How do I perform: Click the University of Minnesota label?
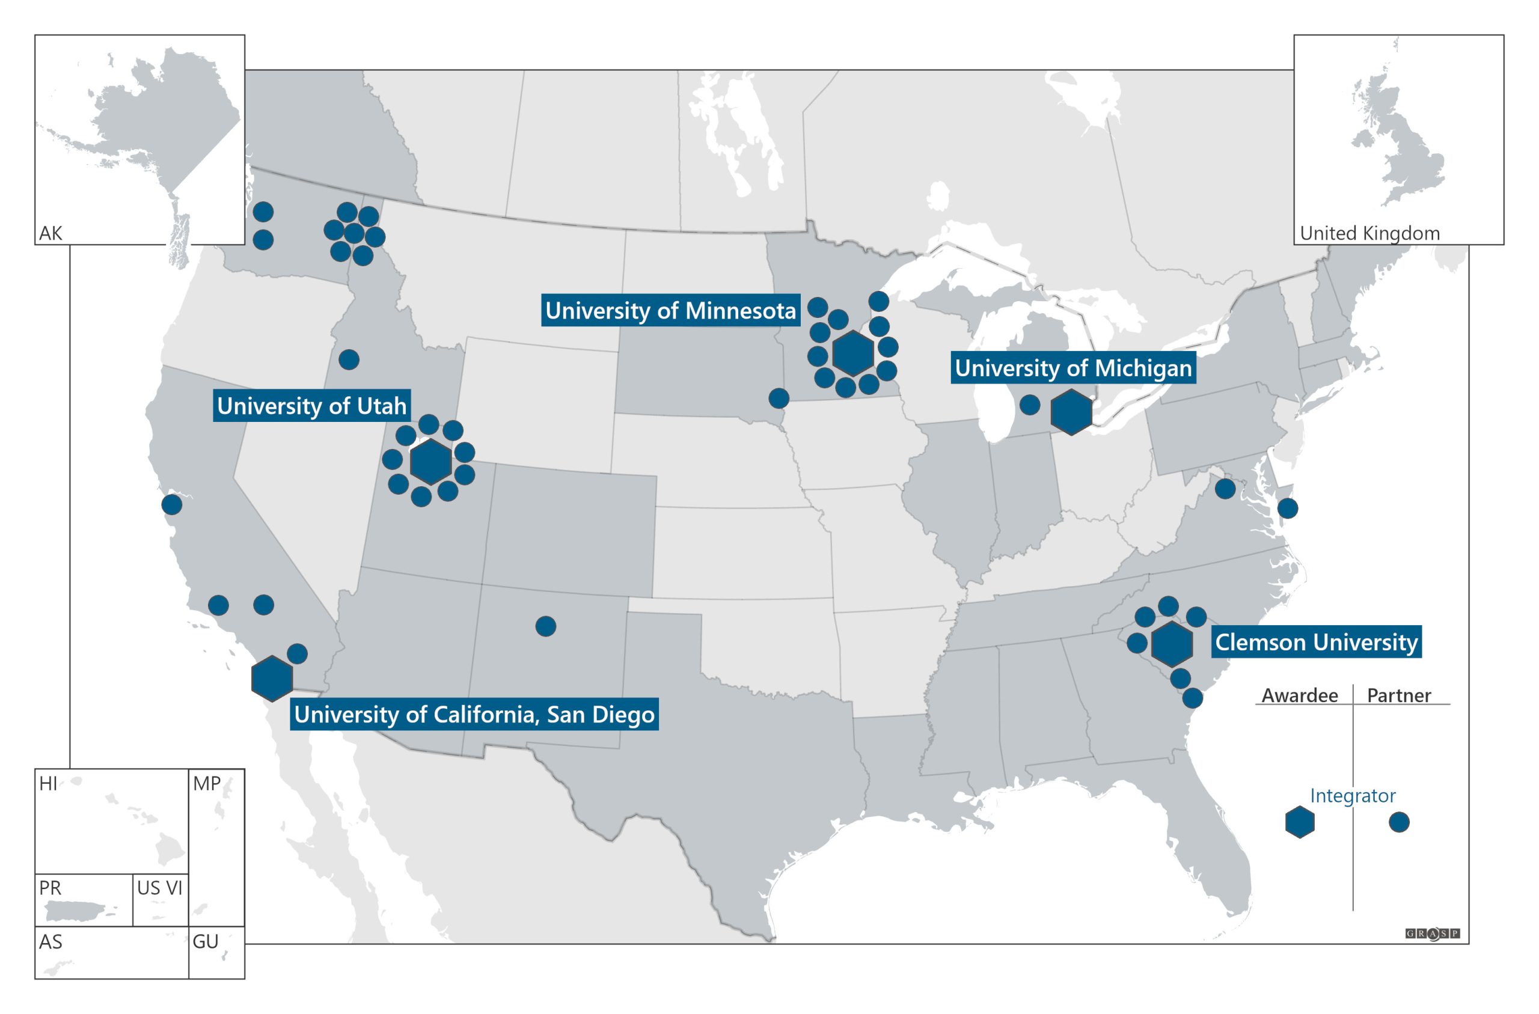[x=670, y=310]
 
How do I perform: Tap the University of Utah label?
[x=311, y=406]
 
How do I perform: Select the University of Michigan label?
[x=1072, y=368]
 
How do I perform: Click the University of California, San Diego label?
[x=474, y=715]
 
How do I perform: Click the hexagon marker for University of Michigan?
[x=1071, y=412]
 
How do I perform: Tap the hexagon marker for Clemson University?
[x=1172, y=644]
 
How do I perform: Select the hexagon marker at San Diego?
[x=272, y=679]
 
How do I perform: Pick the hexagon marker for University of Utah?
[x=430, y=462]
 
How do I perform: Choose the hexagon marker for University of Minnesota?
[x=853, y=353]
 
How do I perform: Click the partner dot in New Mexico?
[x=546, y=626]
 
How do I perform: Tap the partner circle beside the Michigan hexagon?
[x=1029, y=406]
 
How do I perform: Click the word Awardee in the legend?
[x=1300, y=696]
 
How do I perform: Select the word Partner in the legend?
[x=1399, y=696]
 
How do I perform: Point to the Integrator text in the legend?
[x=1353, y=795]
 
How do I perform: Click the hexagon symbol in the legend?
[x=1300, y=822]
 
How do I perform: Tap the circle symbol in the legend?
[x=1400, y=822]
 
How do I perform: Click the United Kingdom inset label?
[x=1369, y=233]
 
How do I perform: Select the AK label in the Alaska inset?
[x=50, y=233]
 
